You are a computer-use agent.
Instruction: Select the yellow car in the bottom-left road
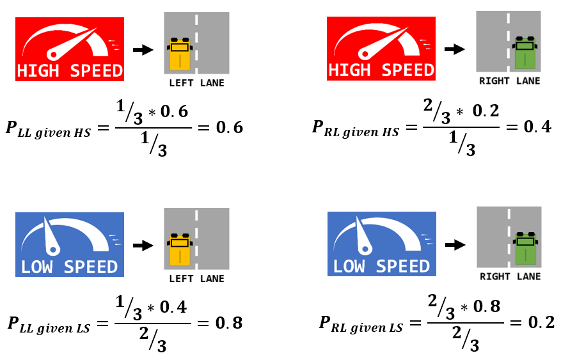[x=180, y=249]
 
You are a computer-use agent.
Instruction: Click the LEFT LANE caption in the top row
[x=196, y=83]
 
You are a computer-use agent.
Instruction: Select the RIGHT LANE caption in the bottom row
[x=510, y=277]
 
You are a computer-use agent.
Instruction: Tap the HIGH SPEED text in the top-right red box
[x=381, y=69]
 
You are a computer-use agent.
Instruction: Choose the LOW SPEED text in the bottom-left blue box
[x=69, y=266]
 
